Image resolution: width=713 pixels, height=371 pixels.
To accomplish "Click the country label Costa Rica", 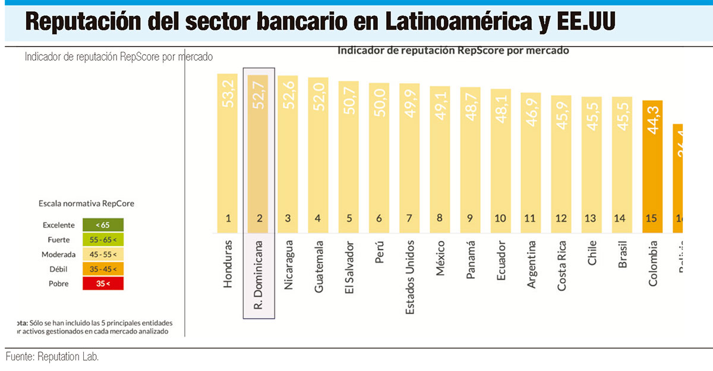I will [561, 266].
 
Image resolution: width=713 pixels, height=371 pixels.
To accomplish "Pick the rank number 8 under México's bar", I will [440, 218].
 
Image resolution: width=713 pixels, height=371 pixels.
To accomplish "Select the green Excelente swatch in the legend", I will [102, 225].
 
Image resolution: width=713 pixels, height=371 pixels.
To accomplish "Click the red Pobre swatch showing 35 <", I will [102, 284].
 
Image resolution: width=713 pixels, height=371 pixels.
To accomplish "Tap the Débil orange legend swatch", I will [102, 269].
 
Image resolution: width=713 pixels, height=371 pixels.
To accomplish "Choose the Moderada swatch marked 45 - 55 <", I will [102, 254].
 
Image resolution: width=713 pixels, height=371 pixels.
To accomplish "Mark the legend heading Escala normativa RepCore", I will [86, 203].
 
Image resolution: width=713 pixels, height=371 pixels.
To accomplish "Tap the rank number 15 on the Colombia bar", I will [651, 218].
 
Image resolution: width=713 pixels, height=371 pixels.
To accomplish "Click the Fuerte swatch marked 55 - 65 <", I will [102, 240].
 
